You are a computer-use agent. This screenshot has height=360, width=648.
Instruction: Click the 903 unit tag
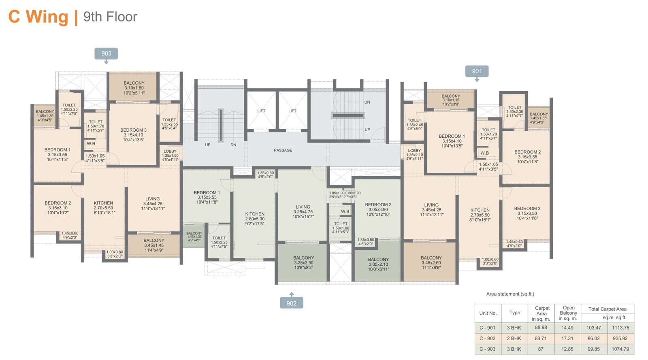pyautogui.click(x=106, y=53)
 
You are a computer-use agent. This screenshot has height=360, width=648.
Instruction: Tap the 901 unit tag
pyautogui.click(x=477, y=71)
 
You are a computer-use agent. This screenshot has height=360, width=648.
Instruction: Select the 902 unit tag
pyautogui.click(x=291, y=303)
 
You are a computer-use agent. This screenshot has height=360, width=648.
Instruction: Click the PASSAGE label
pyautogui.click(x=283, y=150)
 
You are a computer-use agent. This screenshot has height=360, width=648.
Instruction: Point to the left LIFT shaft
pyautogui.click(x=261, y=111)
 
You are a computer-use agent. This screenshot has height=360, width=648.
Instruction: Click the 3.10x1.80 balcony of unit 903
pyautogui.click(x=134, y=88)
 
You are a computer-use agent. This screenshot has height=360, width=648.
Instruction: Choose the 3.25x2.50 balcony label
pyautogui.click(x=303, y=262)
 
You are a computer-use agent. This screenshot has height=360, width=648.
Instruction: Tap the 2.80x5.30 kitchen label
pyautogui.click(x=255, y=219)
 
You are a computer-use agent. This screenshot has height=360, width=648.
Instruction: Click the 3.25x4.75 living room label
pyautogui.click(x=303, y=211)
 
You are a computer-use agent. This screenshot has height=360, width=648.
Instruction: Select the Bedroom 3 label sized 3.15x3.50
pyautogui.click(x=527, y=213)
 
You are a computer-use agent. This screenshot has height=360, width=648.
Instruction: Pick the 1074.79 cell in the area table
pyautogui.click(x=620, y=349)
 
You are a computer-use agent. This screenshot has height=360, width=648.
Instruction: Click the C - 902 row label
pyautogui.click(x=487, y=339)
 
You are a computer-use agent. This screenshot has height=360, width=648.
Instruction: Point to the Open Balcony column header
pyautogui.click(x=568, y=313)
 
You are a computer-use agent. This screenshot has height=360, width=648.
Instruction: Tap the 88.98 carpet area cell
pyautogui.click(x=541, y=328)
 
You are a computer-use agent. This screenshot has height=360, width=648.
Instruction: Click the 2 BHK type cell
pyautogui.click(x=514, y=339)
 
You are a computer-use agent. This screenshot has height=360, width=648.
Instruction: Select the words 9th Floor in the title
pyautogui.click(x=110, y=17)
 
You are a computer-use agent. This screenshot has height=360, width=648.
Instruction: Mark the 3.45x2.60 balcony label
pyautogui.click(x=431, y=262)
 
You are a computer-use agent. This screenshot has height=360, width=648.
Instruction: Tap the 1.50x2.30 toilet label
pyautogui.click(x=514, y=111)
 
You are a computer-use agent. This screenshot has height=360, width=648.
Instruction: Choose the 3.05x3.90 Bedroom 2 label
pyautogui.click(x=378, y=209)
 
